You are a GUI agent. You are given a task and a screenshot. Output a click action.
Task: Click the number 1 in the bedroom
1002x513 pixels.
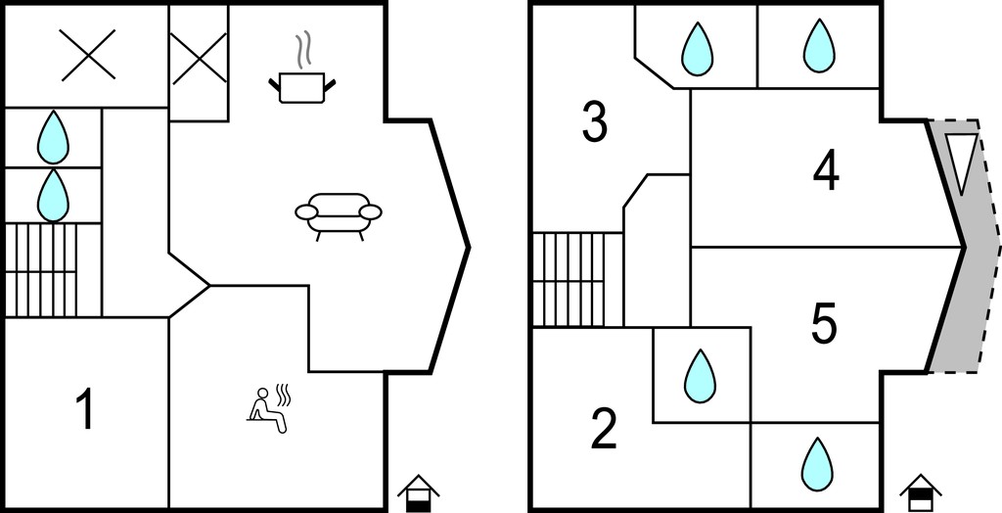pos(85,409)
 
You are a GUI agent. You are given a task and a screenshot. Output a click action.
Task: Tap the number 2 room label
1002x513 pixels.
pos(603,429)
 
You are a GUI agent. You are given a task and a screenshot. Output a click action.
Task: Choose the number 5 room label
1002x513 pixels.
pos(824,324)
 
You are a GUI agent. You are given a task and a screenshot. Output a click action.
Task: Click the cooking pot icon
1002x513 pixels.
pos(302,88)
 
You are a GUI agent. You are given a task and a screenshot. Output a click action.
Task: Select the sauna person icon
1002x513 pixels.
pos(268,409)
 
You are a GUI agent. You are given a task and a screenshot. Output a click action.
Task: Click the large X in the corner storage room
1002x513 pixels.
pos(88,55)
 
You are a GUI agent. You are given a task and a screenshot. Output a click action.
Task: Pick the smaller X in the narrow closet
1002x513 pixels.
pos(199,58)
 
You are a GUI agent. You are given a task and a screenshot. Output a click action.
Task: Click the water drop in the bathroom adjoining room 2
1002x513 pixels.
pos(700,376)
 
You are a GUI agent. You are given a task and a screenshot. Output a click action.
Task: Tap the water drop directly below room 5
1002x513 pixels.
pos(818,464)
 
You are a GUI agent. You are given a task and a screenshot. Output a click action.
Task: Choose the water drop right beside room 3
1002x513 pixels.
pos(697,49)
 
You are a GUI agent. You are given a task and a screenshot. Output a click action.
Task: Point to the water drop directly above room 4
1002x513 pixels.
pos(819,45)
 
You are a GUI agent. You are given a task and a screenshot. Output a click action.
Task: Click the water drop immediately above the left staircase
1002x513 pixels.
pos(53,195)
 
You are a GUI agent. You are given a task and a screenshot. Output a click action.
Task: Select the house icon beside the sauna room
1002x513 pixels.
pos(419,493)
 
